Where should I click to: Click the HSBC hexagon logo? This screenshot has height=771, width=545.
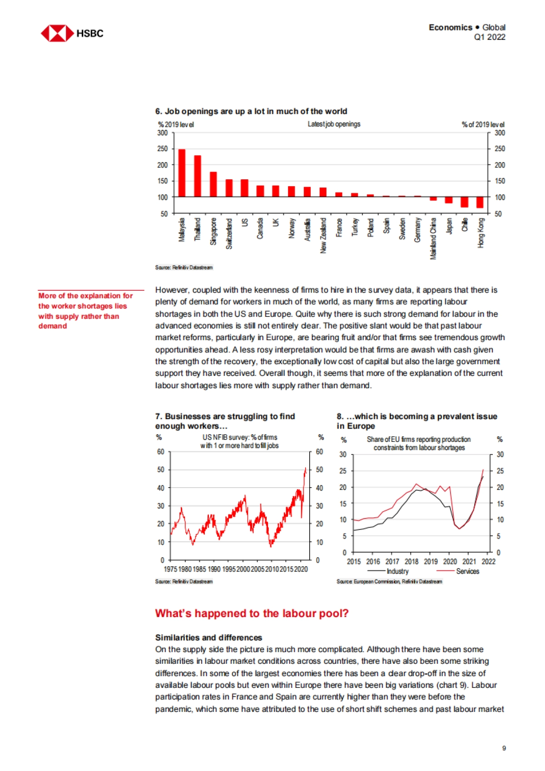pyautogui.click(x=57, y=34)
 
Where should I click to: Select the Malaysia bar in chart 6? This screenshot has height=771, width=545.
pyautogui.click(x=182, y=173)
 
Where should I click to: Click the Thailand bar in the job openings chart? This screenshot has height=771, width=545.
pyautogui.click(x=198, y=176)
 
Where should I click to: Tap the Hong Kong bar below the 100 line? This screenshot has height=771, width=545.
pyautogui.click(x=480, y=203)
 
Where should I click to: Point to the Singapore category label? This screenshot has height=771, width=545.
pyautogui.click(x=213, y=231)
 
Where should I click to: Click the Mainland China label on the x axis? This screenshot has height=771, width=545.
pyautogui.click(x=433, y=238)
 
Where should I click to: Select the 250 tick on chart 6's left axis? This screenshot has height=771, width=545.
pyautogui.click(x=163, y=149)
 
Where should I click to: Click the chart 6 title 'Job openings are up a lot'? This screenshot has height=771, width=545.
pyautogui.click(x=251, y=111)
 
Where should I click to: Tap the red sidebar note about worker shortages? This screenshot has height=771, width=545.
pyautogui.click(x=85, y=311)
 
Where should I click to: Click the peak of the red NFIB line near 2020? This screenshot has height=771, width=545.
pyautogui.click(x=305, y=468)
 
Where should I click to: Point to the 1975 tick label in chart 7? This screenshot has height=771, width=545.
pyautogui.click(x=170, y=569)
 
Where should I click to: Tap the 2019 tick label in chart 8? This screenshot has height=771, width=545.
pyautogui.click(x=431, y=562)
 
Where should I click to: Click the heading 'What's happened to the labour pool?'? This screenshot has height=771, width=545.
pyautogui.click(x=252, y=613)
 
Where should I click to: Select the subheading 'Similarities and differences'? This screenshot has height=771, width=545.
pyautogui.click(x=208, y=638)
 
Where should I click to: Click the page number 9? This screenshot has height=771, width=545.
pyautogui.click(x=504, y=748)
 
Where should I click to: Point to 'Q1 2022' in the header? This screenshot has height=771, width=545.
pyautogui.click(x=489, y=37)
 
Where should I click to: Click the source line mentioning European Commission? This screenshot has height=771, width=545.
pyautogui.click(x=389, y=582)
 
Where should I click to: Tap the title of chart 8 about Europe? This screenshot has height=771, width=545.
pyautogui.click(x=416, y=421)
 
